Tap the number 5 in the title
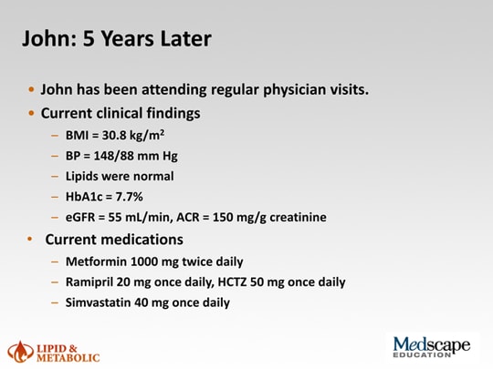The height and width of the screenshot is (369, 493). click(x=89, y=38)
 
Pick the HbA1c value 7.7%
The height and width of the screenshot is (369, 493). click(x=130, y=197)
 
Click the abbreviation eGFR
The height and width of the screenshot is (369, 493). click(x=80, y=217)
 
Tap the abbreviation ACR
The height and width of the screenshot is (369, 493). click(x=188, y=217)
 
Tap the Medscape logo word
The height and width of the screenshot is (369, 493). click(x=432, y=345)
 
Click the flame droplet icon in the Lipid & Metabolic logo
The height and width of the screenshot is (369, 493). click(x=20, y=352)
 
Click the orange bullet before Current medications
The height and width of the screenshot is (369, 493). click(x=30, y=239)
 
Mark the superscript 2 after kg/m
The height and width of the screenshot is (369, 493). click(x=162, y=132)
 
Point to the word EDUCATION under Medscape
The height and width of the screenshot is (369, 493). click(x=422, y=355)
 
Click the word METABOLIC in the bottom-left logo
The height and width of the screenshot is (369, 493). click(x=68, y=358)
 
